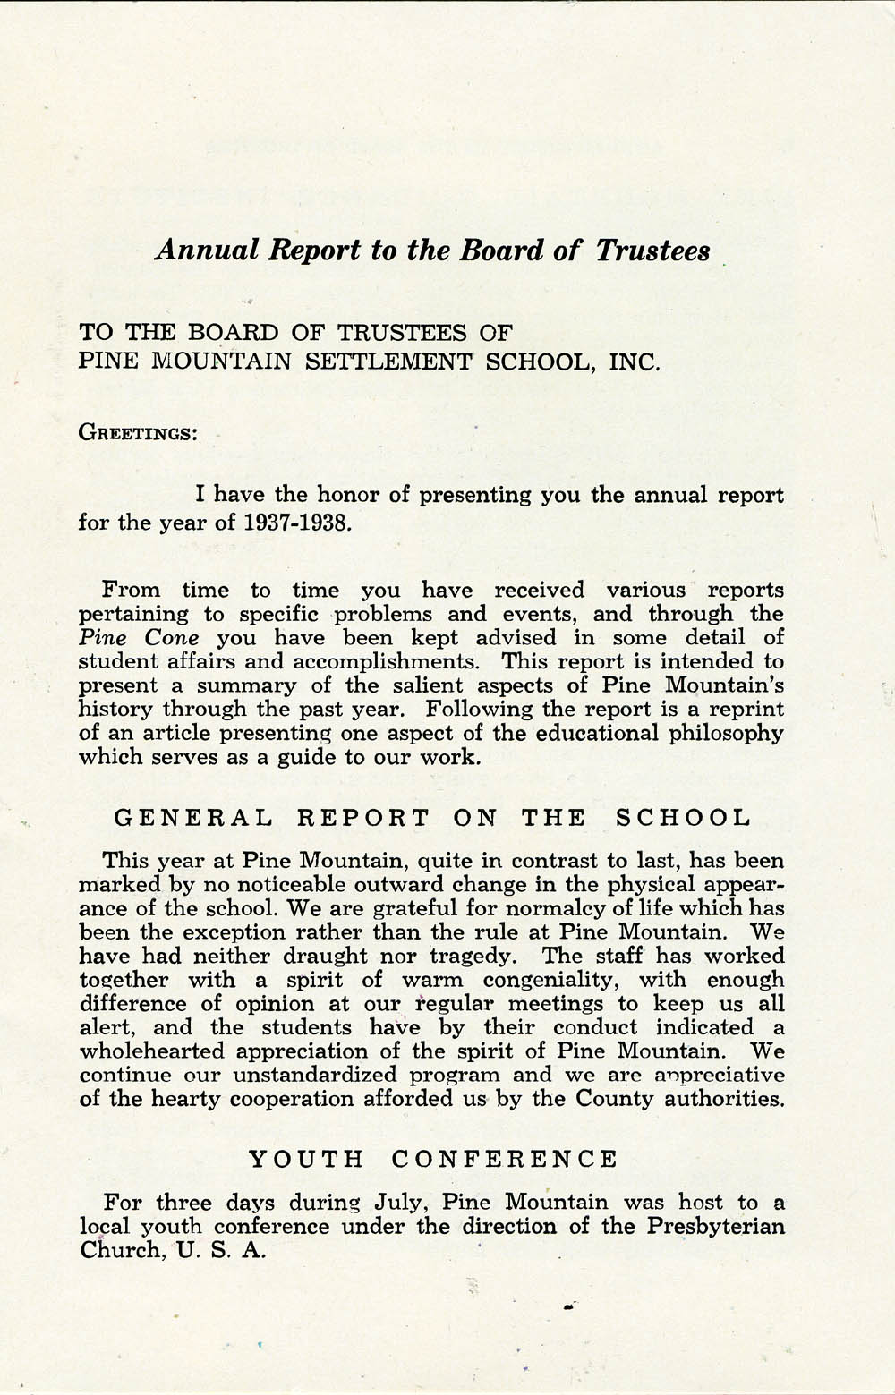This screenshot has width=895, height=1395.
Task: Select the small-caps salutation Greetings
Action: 138,433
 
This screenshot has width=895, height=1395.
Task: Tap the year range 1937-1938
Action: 293,522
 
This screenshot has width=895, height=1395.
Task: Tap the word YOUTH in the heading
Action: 306,1160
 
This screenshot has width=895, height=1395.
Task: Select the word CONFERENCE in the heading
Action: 505,1160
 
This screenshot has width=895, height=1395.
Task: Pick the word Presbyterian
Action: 714,1226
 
